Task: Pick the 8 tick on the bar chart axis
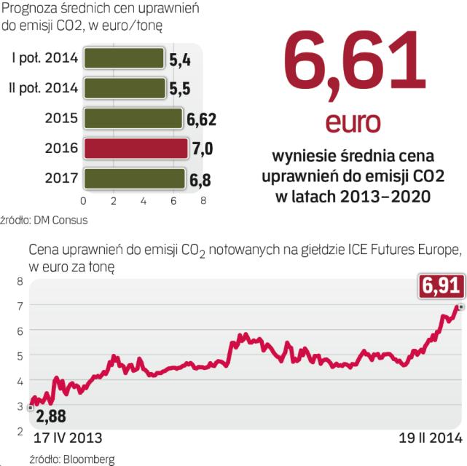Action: click(x=203, y=200)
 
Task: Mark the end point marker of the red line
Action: click(x=461, y=307)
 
